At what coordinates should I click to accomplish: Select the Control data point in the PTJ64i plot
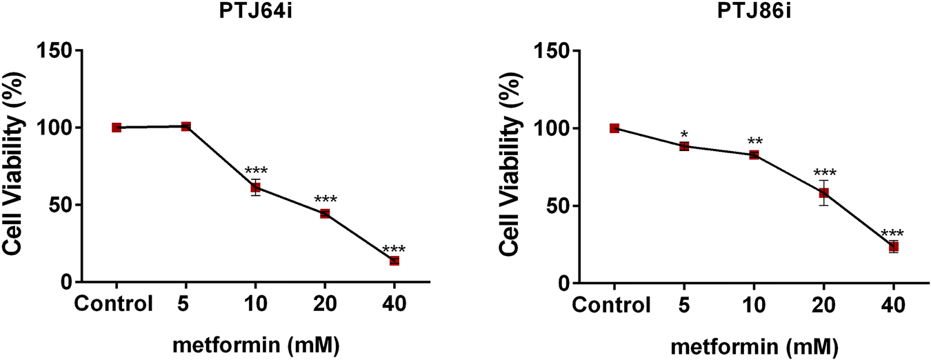point(117,128)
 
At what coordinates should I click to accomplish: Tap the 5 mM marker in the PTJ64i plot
point(186,126)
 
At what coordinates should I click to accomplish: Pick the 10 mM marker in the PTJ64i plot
point(255,188)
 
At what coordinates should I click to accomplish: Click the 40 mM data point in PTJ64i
point(394,261)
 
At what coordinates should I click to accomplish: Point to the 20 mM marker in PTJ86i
point(823,193)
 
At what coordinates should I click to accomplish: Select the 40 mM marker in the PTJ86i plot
point(893,247)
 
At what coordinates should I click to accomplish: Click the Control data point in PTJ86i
point(614,128)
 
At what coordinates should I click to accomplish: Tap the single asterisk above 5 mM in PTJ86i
point(684,134)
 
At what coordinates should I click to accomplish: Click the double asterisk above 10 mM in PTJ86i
point(754,143)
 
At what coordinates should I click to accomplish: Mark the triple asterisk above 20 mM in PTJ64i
point(325,201)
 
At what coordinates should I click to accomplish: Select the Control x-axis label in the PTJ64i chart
point(114,303)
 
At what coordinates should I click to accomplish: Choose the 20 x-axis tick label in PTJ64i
point(325,303)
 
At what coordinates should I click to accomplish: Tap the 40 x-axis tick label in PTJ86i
point(893,304)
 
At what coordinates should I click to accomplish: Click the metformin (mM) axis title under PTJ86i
point(753,343)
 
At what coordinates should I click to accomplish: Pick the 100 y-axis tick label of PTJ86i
point(546,129)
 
